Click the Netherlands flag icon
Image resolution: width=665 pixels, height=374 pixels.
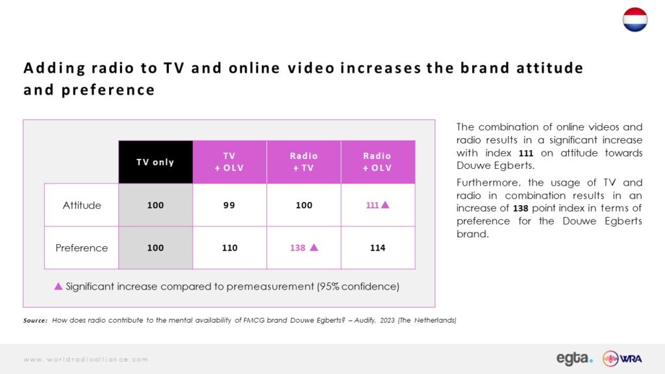pyautogui.click(x=635, y=19)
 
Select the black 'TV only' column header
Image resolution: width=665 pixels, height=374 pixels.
pyautogui.click(x=156, y=162)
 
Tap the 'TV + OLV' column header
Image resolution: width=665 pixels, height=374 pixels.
pyautogui.click(x=229, y=162)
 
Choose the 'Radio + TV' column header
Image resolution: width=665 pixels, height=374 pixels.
pyautogui.click(x=304, y=162)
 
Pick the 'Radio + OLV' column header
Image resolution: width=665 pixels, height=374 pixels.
pyautogui.click(x=378, y=162)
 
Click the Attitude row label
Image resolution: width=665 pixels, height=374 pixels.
pyautogui.click(x=82, y=205)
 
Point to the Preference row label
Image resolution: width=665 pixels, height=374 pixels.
pyautogui.click(x=82, y=247)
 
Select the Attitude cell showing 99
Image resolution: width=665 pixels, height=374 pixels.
pyautogui.click(x=229, y=205)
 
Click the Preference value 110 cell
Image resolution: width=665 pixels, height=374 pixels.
pyautogui.click(x=229, y=247)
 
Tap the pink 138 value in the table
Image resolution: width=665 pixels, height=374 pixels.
pyautogui.click(x=297, y=247)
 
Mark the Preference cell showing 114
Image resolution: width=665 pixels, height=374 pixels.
pyautogui.click(x=378, y=247)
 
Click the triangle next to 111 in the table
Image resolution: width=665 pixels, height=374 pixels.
pyautogui.click(x=385, y=205)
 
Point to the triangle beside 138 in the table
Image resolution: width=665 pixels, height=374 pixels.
pyautogui.click(x=314, y=247)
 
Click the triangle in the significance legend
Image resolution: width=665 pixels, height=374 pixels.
pyautogui.click(x=58, y=286)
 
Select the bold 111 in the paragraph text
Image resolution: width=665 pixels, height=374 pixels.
pyautogui.click(x=526, y=153)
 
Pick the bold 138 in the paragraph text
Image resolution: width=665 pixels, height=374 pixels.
pyautogui.click(x=520, y=208)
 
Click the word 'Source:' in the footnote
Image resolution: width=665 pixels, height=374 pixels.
pyautogui.click(x=35, y=321)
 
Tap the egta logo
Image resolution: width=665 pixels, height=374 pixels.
pyautogui.click(x=575, y=358)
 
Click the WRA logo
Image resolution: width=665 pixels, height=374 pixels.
pyautogui.click(x=622, y=358)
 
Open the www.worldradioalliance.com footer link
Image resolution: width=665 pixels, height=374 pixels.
pyautogui.click(x=86, y=360)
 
